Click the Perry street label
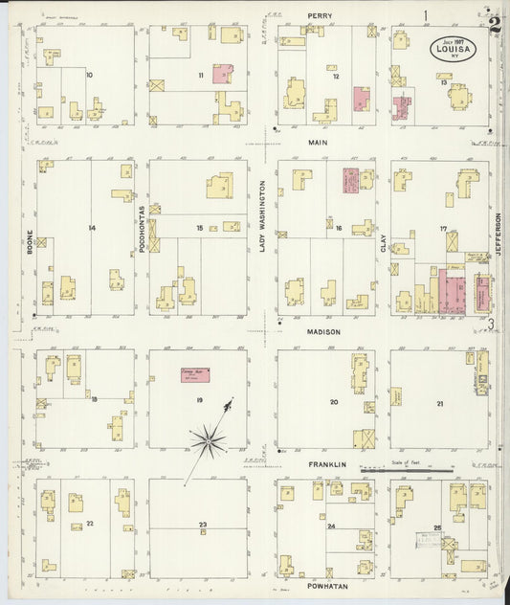point(319,15)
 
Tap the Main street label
point(319,142)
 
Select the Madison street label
point(319,332)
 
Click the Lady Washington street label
point(261,218)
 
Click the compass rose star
point(208,441)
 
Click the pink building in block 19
point(195,376)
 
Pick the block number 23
point(203,526)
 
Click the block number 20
point(334,402)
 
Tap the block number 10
point(89,75)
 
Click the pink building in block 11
point(223,75)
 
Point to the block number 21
point(439,404)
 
